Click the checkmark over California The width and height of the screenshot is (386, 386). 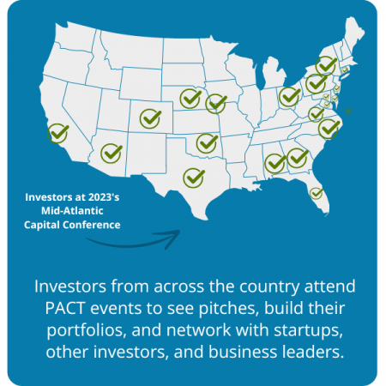57,133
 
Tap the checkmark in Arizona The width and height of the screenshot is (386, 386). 112,154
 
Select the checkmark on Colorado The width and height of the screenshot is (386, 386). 150,118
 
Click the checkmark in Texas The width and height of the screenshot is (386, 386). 194,178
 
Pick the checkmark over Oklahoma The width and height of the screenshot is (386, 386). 207,143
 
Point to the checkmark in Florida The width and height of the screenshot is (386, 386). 316,193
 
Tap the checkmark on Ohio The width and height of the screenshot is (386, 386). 289,97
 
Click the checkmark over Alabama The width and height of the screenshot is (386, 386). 275,163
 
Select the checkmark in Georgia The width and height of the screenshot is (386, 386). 298,158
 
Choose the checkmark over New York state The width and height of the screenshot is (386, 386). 326,66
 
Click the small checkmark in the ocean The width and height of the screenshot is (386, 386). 348,111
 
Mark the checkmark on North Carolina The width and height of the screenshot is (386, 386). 329,129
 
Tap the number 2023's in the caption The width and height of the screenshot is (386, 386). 104,197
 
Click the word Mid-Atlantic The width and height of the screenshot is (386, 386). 72,211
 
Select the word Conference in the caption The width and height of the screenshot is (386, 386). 92,225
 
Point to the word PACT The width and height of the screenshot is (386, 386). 65,308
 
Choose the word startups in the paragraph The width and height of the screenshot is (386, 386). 308,331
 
